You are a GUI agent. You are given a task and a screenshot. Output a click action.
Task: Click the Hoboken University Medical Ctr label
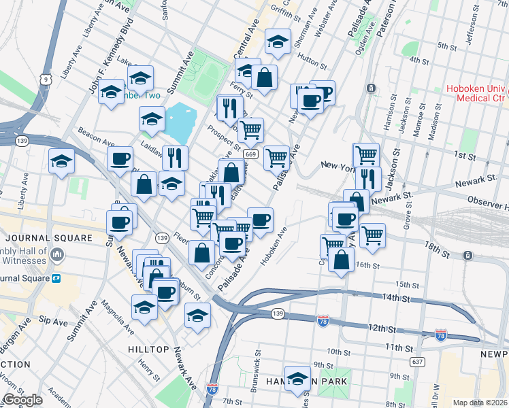[477, 94]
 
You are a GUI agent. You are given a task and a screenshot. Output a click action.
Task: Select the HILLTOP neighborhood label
[148, 349]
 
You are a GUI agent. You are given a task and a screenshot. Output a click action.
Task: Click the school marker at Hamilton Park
[297, 379]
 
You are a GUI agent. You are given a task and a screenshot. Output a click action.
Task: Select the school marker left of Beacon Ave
[61, 162]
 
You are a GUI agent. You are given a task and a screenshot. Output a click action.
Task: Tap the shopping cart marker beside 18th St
[372, 235]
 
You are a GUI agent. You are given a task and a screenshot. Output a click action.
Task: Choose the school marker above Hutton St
[278, 41]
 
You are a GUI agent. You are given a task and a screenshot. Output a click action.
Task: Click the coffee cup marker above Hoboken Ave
[260, 220]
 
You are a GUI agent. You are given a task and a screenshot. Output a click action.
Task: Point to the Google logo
[23, 401]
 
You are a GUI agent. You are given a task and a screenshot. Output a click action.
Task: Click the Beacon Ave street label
[96, 137]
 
